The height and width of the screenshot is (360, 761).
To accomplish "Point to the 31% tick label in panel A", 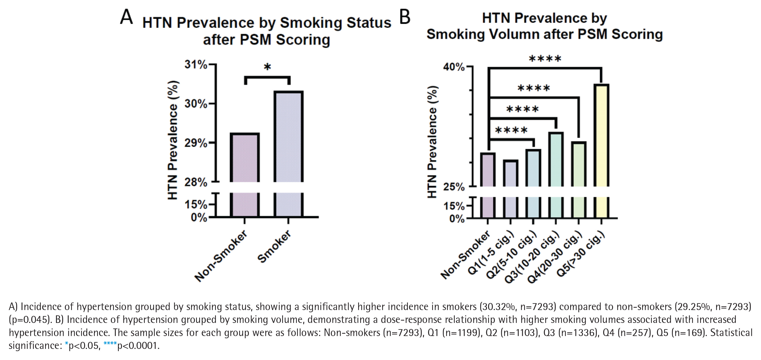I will (196, 64).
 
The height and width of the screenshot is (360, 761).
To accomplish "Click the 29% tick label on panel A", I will (196, 143).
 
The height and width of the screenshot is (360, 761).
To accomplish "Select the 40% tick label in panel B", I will (454, 67).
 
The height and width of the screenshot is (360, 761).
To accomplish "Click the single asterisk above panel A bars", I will (267, 67).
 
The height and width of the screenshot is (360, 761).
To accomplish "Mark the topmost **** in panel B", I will (545, 58).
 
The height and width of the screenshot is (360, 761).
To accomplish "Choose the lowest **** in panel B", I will (511, 130).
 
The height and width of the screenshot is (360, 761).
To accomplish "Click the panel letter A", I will (126, 17).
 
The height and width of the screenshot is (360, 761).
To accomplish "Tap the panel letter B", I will (405, 17).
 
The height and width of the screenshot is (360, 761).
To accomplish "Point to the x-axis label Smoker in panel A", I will (275, 246).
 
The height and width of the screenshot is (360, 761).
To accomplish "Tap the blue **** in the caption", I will (110, 344).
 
